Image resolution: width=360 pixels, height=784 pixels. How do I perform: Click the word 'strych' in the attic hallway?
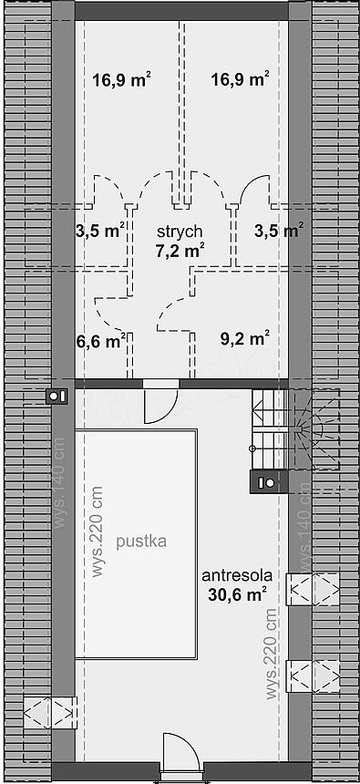coord(180,232)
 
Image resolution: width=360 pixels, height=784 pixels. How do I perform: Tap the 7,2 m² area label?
coord(180,250)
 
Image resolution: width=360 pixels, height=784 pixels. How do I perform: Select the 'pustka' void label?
coord(141,542)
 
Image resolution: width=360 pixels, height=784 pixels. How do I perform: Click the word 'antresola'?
coord(237,575)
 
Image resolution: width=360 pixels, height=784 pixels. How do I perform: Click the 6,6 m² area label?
coord(101,342)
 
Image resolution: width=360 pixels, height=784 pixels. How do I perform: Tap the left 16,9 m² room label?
coord(122,79)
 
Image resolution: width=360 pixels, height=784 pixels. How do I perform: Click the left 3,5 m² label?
coord(100,231)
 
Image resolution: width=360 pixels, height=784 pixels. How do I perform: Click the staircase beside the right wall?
coord(295,429)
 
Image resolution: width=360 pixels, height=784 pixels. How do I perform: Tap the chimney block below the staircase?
coord(269,482)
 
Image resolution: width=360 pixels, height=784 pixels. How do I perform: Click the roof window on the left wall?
coord(50,712)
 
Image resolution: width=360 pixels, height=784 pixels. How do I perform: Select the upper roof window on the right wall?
coord(313,590)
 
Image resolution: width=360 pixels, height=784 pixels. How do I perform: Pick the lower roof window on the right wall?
coord(313,676)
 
